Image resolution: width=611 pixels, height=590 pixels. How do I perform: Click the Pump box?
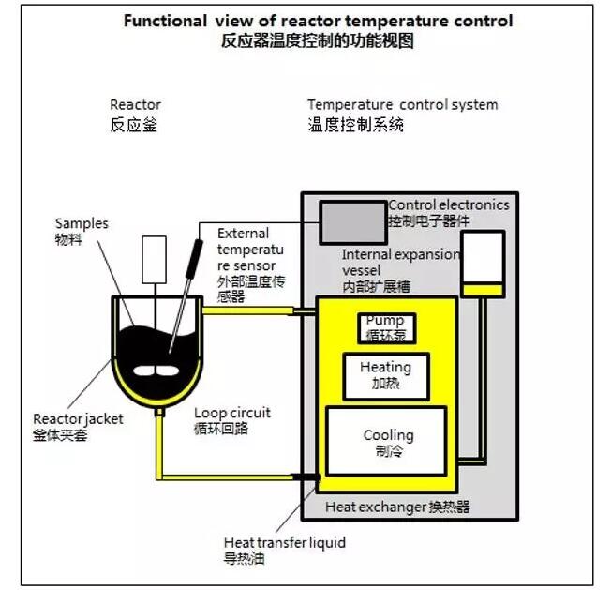(385, 327)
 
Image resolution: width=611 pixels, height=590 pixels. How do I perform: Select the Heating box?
(385, 374)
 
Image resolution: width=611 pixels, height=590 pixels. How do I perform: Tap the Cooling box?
(385, 442)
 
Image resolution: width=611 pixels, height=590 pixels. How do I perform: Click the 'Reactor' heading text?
(135, 104)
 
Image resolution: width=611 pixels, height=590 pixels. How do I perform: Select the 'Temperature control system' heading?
(402, 104)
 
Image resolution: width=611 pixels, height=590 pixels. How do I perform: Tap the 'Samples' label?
(82, 223)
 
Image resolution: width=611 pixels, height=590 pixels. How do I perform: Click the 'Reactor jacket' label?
(78, 419)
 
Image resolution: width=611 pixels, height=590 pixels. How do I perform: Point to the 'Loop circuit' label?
(232, 412)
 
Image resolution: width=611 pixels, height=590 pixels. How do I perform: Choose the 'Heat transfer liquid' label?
(285, 542)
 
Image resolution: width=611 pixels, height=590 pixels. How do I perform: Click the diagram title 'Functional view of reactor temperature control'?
(318, 21)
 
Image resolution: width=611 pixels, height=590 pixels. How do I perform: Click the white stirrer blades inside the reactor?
(154, 369)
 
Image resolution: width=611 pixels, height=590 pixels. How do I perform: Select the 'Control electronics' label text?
(449, 204)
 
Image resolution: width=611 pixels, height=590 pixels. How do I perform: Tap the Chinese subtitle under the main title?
(318, 40)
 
